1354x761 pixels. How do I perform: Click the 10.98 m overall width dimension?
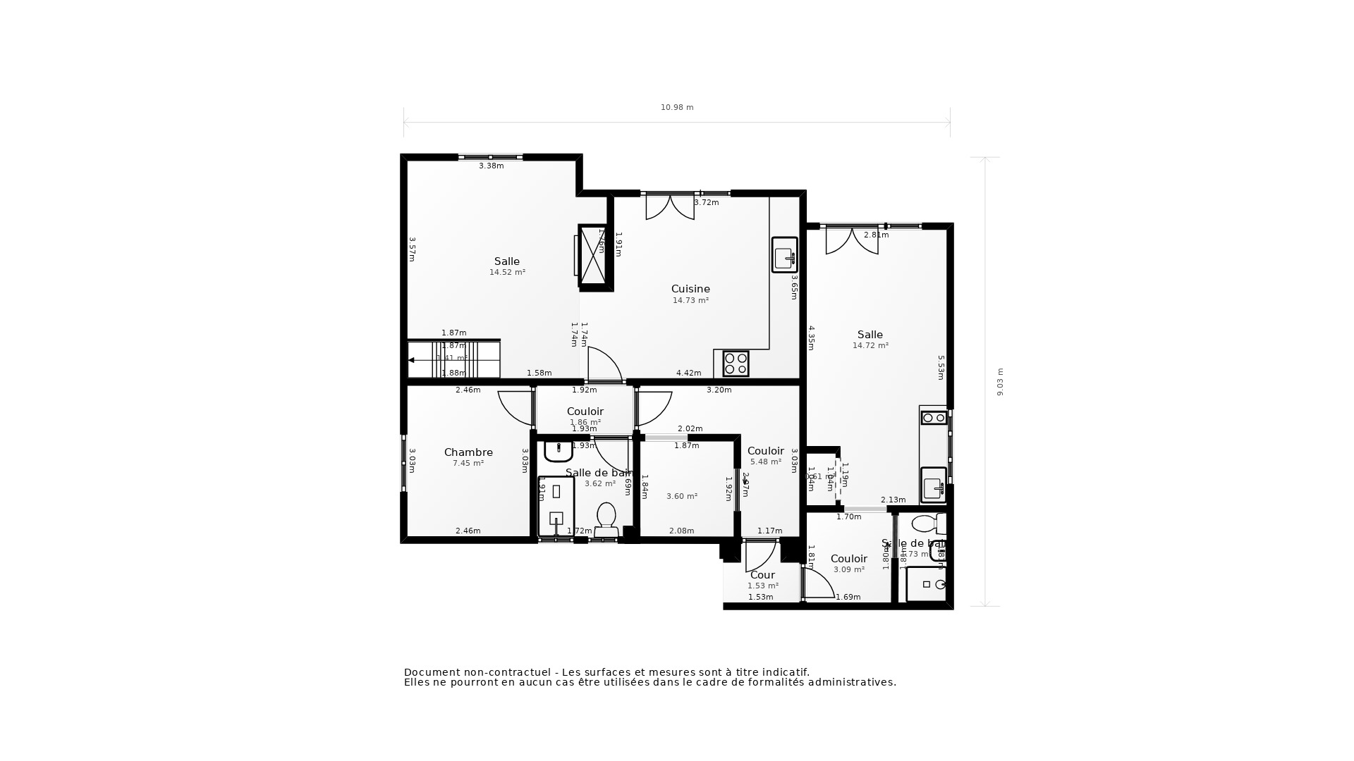[x=677, y=108]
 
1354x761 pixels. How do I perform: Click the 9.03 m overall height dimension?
[x=1000, y=382]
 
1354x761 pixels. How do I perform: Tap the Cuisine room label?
[x=690, y=289]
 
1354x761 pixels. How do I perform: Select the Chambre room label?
[x=468, y=452]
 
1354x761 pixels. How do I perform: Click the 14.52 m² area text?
[x=507, y=272]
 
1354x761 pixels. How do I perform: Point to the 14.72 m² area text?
[x=870, y=345]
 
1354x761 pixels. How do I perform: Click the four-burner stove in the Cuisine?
[x=736, y=364]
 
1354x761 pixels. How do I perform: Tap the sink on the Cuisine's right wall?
[x=784, y=255]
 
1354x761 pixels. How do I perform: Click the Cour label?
[x=762, y=575]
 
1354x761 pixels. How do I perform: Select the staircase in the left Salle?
[x=453, y=359]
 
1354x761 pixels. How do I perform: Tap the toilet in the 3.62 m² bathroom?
[x=606, y=520]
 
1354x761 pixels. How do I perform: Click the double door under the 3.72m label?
[x=670, y=206]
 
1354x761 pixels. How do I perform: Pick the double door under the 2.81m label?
[x=852, y=240]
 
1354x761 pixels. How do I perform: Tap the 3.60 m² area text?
[x=682, y=496]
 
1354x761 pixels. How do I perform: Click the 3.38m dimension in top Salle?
[x=492, y=166]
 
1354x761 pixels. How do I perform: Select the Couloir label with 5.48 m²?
[x=765, y=451]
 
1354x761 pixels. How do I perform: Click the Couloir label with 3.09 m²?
[x=848, y=559]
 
